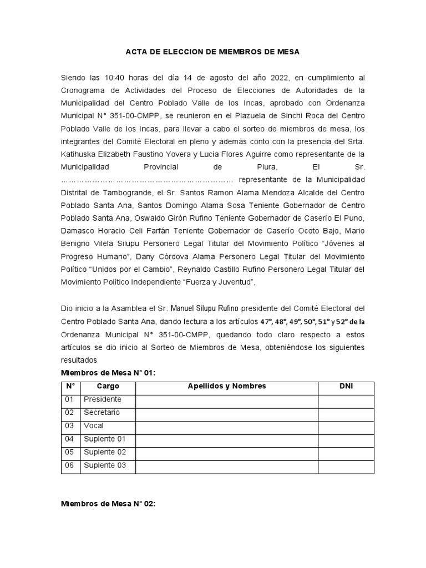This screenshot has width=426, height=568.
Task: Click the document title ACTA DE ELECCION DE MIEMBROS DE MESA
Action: [212, 52]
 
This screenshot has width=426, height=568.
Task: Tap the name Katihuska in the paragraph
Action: [79, 154]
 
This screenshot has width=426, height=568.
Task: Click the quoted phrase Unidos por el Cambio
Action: [133, 270]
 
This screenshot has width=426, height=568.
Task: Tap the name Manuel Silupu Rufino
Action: [204, 308]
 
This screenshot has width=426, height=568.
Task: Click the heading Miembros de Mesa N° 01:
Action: [108, 373]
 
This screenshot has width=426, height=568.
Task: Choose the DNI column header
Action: [346, 387]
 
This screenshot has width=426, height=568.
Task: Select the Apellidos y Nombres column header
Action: [227, 387]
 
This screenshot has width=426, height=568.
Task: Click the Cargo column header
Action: [108, 387]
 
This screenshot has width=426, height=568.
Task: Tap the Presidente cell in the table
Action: [102, 399]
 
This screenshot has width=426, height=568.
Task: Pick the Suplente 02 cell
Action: [105, 452]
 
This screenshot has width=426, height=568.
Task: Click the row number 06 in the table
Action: [69, 465]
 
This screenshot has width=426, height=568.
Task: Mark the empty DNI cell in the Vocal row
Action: [346, 426]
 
